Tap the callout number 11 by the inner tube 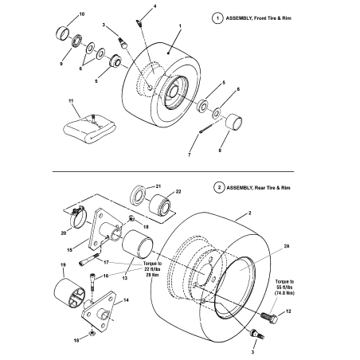tap(71, 101)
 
